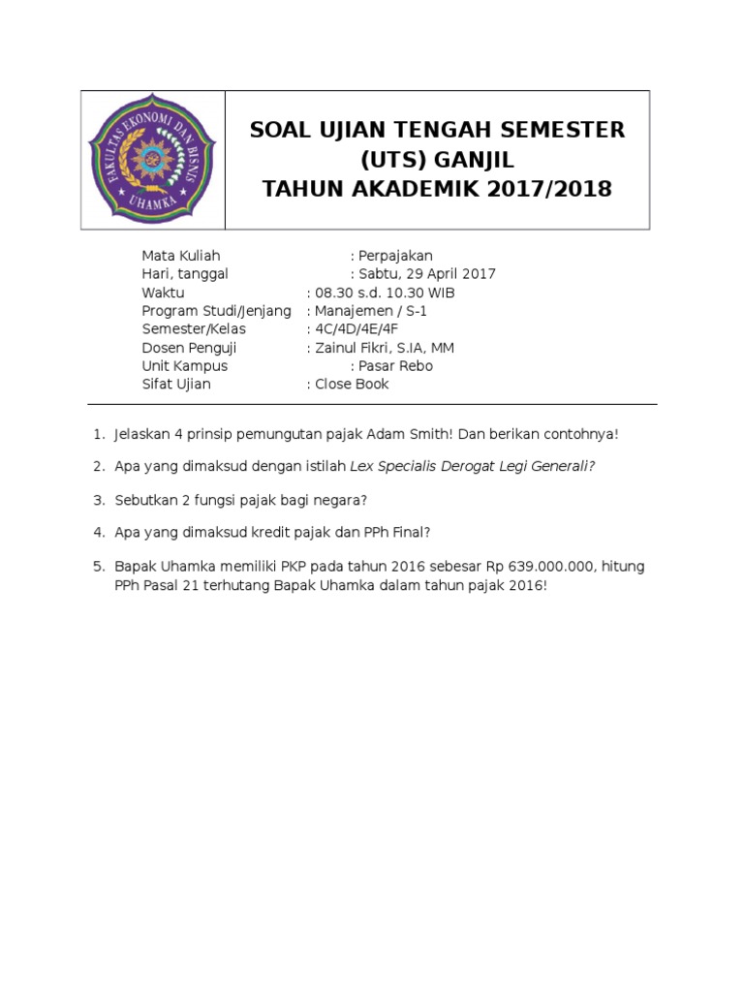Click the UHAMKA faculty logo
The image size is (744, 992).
152,160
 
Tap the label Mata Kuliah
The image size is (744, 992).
181,256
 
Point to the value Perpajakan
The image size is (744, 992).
398,256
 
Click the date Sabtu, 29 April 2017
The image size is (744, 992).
427,274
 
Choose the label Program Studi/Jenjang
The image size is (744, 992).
216,311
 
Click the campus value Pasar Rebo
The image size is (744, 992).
395,366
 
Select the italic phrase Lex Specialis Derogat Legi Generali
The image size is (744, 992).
472,467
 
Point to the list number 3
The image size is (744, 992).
98,500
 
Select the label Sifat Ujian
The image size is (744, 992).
176,385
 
